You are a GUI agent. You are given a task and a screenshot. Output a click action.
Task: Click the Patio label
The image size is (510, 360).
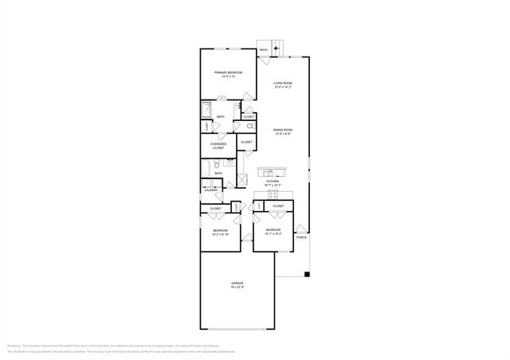pos(263,49)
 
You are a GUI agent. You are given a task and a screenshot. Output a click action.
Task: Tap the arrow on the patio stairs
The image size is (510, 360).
pos(277,49)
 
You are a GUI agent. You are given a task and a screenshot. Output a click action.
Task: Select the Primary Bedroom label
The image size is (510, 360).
pos(228,72)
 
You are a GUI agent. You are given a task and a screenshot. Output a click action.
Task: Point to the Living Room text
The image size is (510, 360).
pos(284,83)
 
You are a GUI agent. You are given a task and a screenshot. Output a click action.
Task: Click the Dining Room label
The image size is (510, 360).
pos(283,129)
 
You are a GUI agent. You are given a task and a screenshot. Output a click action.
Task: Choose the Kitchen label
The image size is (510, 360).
pos(273,182)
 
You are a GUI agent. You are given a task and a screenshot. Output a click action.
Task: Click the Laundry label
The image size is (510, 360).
pos(211,190)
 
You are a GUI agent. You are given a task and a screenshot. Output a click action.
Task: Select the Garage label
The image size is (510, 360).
pos(237,283)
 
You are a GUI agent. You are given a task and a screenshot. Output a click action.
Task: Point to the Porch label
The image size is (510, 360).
pos(301,237)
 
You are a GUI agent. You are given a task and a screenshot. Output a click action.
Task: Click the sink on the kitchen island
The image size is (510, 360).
pos(269,171)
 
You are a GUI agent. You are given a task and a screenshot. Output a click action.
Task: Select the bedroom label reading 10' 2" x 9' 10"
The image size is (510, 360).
pos(220,234)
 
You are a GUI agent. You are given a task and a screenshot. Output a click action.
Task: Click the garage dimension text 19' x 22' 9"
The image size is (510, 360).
pos(237,287)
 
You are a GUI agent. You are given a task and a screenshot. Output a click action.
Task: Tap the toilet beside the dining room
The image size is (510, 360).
pos(249,126)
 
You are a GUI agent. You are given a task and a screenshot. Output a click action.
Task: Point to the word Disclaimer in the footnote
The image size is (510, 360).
pos(14,345)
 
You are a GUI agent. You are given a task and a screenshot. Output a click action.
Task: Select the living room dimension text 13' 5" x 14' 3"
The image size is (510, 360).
pos(284,87)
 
